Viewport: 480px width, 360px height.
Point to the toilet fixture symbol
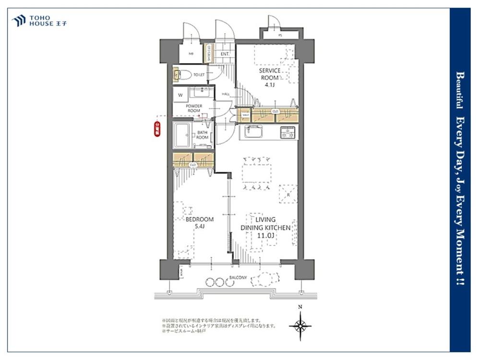tap(178, 74)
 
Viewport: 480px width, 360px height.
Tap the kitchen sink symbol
tap(253, 132)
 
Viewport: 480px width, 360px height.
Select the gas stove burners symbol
tap(288, 132)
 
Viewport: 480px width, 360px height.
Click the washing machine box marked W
tap(180, 95)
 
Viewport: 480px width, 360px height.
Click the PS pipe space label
tap(280, 36)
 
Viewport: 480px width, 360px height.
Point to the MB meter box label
tap(191, 54)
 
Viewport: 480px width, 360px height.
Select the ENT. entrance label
tap(225, 54)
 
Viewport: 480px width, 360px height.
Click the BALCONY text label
tap(239, 277)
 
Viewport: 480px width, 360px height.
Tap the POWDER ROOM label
tap(194, 108)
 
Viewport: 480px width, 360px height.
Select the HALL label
tap(226, 94)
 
